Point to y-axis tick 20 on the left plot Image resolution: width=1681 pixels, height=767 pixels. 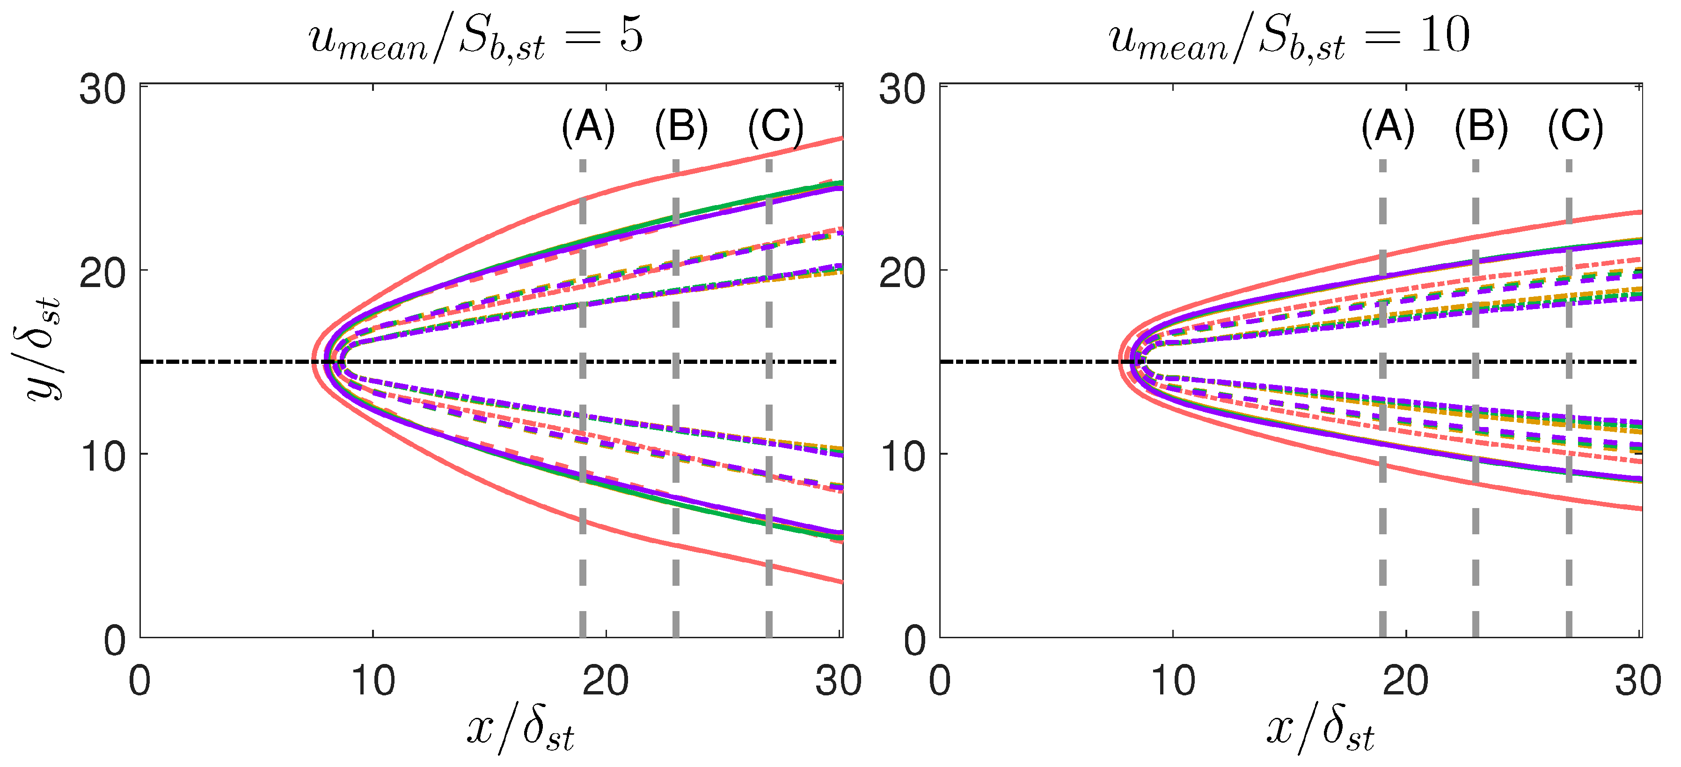[102, 273]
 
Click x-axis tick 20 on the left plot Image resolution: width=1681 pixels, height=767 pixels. [606, 681]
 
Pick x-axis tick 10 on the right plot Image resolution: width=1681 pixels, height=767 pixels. [1173, 681]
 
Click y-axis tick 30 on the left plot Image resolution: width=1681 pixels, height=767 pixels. [102, 89]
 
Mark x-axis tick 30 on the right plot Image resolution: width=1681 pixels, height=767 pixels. [1638, 681]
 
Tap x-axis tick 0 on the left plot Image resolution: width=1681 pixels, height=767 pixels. [139, 681]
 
